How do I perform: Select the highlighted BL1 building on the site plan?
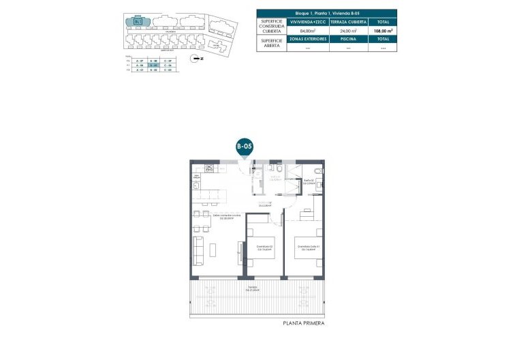138,20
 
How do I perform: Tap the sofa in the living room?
199,252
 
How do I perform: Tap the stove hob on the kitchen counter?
197,179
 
